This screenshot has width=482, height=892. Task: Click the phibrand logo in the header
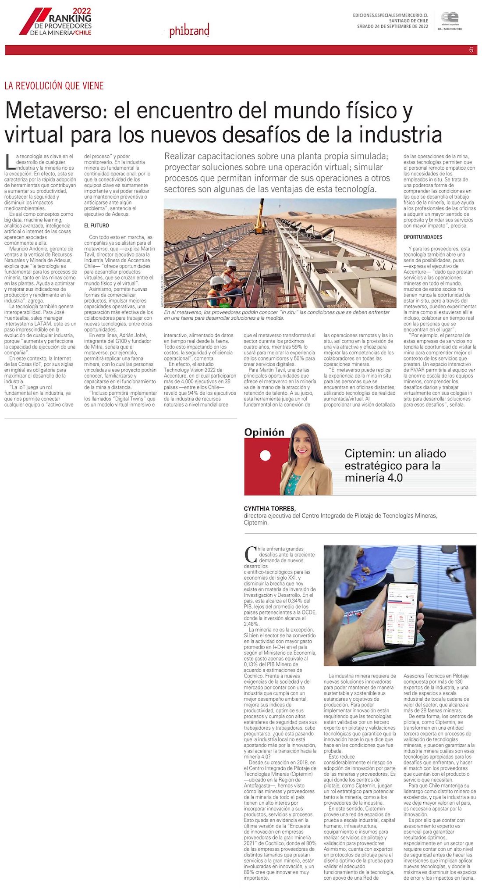click(x=189, y=31)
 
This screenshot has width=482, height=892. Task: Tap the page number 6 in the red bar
click(x=471, y=50)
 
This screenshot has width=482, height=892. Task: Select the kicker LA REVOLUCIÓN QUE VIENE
click(x=54, y=86)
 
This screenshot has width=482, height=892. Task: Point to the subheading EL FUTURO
click(x=96, y=225)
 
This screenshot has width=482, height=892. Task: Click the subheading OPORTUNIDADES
click(x=422, y=237)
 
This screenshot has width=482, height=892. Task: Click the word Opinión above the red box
click(x=264, y=432)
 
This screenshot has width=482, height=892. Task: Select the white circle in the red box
click(x=265, y=456)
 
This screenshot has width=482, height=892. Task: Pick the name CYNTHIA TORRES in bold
click(x=269, y=509)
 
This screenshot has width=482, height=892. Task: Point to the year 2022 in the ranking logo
click(x=82, y=11)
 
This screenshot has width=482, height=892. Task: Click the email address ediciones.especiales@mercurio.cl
click(x=390, y=15)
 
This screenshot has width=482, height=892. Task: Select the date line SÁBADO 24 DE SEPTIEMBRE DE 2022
click(x=392, y=27)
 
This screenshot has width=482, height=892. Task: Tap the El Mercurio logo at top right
click(x=450, y=21)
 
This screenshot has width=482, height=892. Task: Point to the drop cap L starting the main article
click(x=10, y=162)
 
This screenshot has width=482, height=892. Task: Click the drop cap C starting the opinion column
click(x=251, y=555)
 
